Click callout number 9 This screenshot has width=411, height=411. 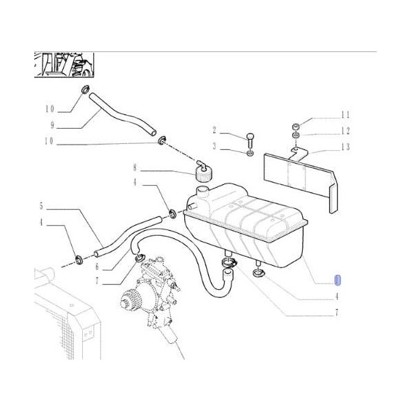(51, 125)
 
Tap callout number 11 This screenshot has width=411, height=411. (345, 115)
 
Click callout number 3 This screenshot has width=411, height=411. (214, 147)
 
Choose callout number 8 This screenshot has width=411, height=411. (135, 167)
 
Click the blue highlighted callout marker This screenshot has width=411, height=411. (336, 279)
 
